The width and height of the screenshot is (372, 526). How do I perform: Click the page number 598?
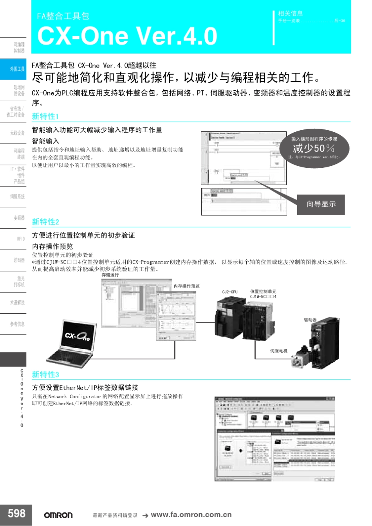tap(16, 513)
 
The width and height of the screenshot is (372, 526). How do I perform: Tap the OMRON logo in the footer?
tap(58, 515)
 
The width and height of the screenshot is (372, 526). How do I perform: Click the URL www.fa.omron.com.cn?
tap(191, 515)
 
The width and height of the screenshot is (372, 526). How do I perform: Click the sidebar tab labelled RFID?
tap(20, 239)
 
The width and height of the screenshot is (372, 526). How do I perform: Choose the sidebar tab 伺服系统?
tap(17, 197)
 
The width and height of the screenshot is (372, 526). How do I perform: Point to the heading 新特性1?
tap(45, 116)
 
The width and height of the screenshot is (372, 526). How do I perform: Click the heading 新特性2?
tap(45, 222)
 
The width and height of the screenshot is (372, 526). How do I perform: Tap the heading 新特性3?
tap(45, 374)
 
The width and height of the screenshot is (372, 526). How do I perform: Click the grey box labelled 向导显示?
tap(321, 204)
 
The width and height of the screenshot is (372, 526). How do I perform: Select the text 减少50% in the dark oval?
tap(314, 148)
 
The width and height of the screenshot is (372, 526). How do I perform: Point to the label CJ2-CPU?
tap(229, 292)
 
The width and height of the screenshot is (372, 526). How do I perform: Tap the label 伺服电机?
tap(278, 351)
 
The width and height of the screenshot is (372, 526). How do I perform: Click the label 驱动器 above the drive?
tap(310, 320)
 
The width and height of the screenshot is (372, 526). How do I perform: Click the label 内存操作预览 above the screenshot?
tap(186, 286)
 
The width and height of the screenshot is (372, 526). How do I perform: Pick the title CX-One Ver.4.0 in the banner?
tap(127, 36)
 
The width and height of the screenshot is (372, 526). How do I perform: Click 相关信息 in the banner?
tap(290, 13)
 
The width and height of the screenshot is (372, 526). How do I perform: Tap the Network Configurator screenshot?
tap(274, 439)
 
